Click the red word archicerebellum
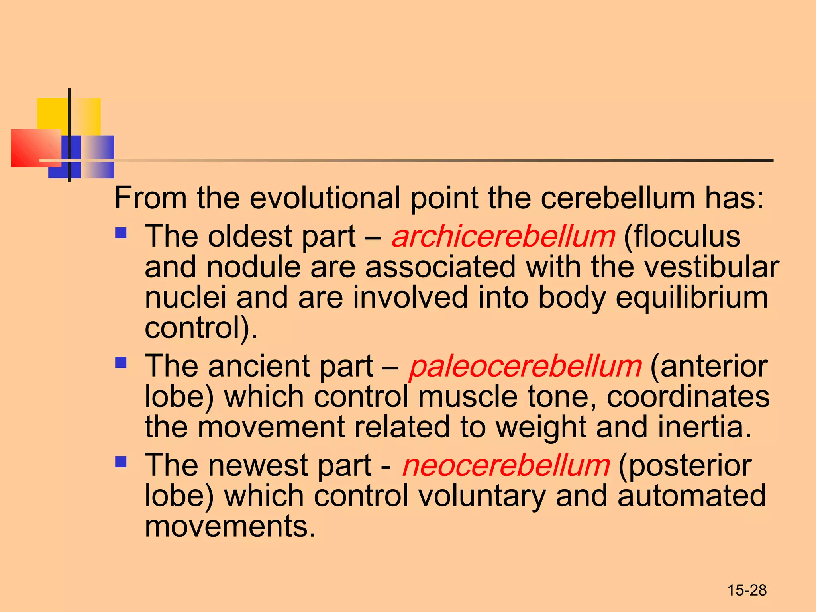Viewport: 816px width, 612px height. point(504,237)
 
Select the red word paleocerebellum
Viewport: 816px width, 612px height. point(526,367)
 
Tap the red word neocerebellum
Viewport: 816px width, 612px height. point(506,465)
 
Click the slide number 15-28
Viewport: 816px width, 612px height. point(747,590)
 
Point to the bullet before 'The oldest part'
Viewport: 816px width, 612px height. point(121,233)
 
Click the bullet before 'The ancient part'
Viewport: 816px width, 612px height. point(121,362)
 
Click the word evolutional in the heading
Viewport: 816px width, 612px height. point(325,198)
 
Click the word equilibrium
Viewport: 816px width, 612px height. point(692,298)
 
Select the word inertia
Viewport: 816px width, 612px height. point(704,427)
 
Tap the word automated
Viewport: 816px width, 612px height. point(691,496)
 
